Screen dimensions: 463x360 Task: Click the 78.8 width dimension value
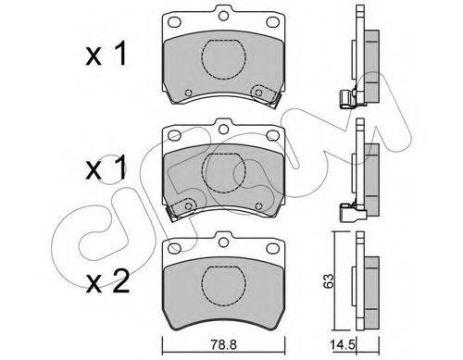point(224,345)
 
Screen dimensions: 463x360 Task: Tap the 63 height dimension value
point(329,280)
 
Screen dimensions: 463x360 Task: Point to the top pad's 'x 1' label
point(106,54)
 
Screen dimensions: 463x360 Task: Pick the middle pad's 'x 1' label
point(106,168)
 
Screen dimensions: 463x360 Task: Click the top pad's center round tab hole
point(223,16)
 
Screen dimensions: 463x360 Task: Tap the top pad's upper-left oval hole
point(174,22)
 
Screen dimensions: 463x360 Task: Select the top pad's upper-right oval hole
point(272,22)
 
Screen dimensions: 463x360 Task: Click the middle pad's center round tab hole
point(223,130)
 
